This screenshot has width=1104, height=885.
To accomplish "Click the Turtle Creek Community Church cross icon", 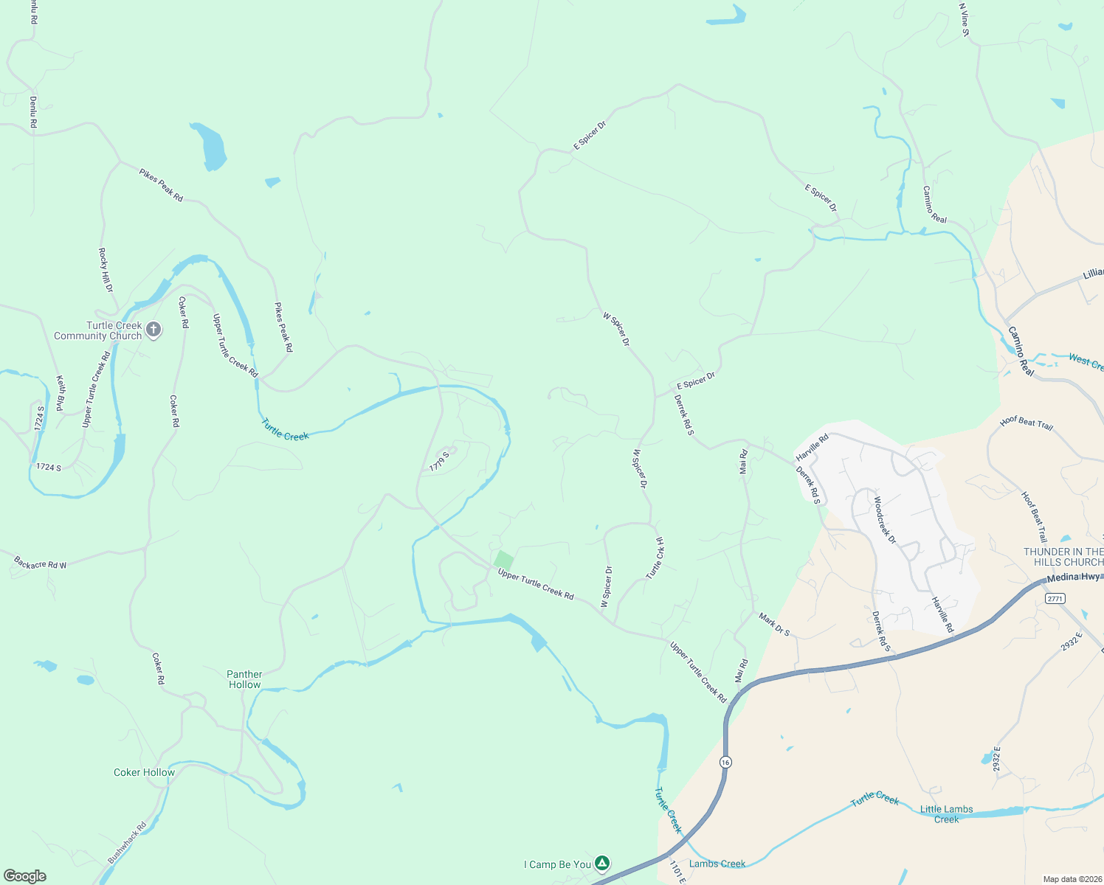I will click(153, 330).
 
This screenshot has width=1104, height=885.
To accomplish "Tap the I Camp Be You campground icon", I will click(602, 863).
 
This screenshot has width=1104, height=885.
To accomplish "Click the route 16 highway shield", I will click(726, 762).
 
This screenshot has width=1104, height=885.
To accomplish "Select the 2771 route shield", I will click(1055, 599).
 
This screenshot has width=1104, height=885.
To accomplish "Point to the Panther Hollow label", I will click(244, 679).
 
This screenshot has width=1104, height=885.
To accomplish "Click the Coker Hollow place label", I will click(144, 772).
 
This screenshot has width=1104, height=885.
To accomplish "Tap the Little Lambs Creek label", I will click(946, 814).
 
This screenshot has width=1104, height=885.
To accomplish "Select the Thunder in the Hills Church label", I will click(1063, 557).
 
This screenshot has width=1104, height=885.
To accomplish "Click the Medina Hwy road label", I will click(1074, 577).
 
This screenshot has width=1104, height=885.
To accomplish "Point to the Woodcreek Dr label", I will click(884, 520).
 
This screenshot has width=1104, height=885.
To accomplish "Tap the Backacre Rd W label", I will click(40, 563).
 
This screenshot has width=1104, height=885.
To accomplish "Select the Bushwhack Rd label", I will click(127, 843).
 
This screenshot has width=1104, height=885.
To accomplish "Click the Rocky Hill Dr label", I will click(106, 270).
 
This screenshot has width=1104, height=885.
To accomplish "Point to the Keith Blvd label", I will click(61, 393).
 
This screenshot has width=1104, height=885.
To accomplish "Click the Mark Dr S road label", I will click(774, 623).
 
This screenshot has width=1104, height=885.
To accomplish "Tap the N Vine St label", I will click(964, 19).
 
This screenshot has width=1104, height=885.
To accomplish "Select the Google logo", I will click(25, 875).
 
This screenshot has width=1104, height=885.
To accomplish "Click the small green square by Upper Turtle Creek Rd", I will click(503, 560).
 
